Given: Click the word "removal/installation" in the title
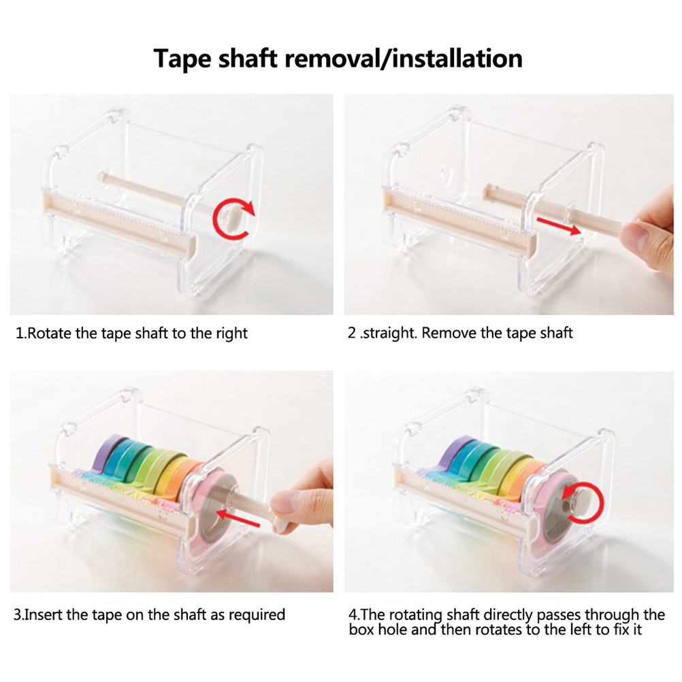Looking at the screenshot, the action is point(403,59).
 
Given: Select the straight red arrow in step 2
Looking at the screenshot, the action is point(559,225).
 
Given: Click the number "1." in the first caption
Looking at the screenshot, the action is point(21,334).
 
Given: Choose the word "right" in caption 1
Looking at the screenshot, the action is point(232,334).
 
